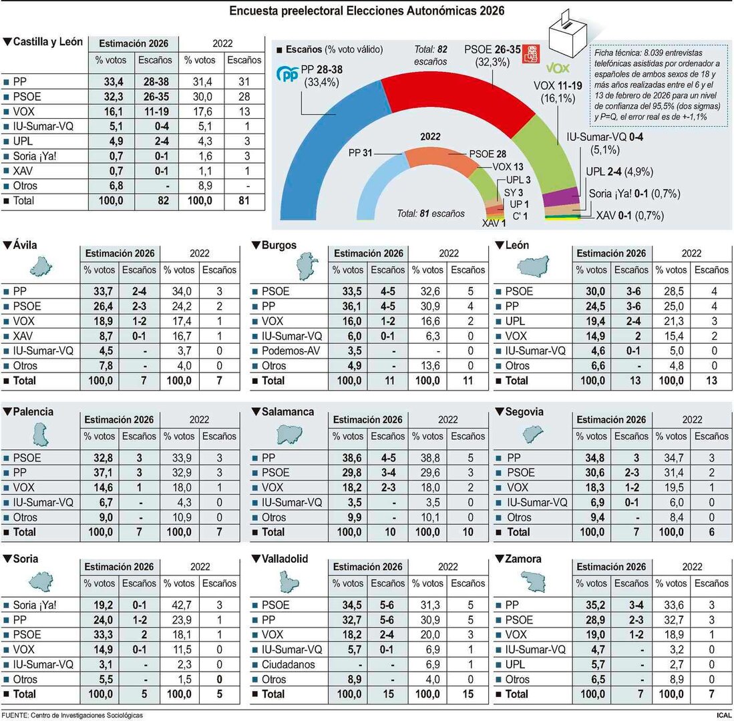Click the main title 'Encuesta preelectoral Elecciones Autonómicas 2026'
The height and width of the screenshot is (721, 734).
pyautogui.click(x=367, y=11)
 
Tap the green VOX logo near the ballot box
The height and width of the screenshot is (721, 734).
pyautogui.click(x=557, y=69)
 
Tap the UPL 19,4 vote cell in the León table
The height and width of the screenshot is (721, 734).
pyautogui.click(x=591, y=322)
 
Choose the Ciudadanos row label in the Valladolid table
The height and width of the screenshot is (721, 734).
pyautogui.click(x=289, y=664)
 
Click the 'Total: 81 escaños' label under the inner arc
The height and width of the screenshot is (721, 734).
pyautogui.click(x=430, y=214)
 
